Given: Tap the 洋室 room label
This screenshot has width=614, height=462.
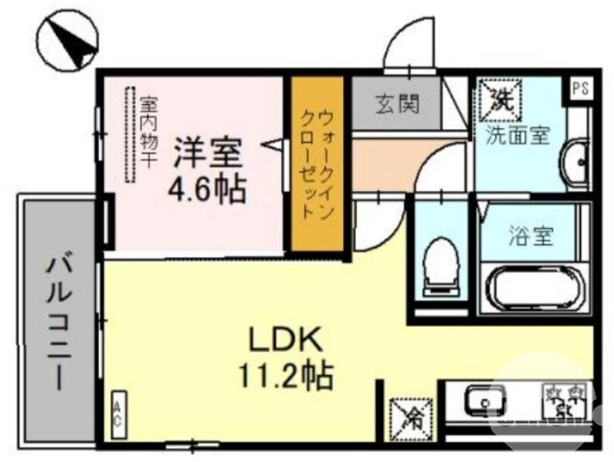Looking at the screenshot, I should tap(206, 152).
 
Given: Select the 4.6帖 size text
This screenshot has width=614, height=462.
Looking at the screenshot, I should tap(207, 188).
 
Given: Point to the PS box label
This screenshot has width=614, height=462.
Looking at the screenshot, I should tap(581, 88).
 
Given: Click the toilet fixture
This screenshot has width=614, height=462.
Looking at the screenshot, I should tap(441, 265).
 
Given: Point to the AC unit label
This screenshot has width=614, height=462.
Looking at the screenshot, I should tap(118, 414).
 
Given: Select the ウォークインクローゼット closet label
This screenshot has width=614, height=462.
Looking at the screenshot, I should tap(316, 164).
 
